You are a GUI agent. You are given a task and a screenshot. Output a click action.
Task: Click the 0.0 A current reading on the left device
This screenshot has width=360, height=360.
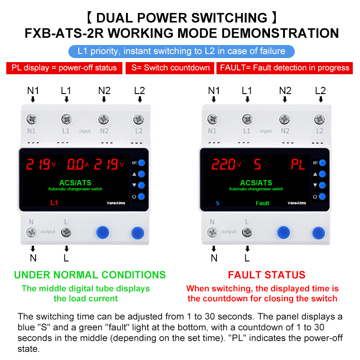pos(77,164)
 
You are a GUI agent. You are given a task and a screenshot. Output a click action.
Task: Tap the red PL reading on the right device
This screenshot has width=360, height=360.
pos(298,164)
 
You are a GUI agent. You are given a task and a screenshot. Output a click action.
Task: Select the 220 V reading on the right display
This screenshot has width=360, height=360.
pos(226,164)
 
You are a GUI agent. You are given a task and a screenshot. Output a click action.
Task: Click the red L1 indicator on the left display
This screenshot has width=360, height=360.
pos(54,203)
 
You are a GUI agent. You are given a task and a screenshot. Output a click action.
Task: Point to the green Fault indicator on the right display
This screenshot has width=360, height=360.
pos(262,203)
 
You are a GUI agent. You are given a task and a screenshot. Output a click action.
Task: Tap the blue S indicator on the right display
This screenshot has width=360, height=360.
pos(218,203)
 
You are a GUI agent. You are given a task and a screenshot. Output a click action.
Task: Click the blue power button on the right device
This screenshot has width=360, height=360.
pos(322,197)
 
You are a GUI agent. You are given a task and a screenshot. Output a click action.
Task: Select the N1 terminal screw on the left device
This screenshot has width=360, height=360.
pos(31,119)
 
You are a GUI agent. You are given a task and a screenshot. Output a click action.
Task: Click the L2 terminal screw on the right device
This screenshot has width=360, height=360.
pos(319,119)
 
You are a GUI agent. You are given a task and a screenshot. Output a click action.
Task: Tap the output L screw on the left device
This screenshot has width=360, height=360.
pos(66,232)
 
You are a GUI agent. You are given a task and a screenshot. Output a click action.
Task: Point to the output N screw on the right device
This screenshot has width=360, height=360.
pos(212,232)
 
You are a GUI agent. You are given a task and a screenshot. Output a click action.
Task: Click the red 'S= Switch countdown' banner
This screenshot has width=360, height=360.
pos(170,68)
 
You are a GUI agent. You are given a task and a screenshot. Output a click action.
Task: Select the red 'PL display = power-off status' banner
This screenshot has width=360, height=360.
pos(64,68)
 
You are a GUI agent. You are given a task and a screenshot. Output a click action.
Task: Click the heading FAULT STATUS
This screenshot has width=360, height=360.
pos(266,275)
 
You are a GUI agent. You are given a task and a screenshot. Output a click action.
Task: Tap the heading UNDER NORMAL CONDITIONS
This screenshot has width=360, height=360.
pos(90,275)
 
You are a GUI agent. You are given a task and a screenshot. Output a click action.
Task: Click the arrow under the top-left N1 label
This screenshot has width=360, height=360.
pos(33,99)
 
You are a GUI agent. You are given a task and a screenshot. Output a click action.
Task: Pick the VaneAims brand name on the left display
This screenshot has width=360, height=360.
pos(116,203)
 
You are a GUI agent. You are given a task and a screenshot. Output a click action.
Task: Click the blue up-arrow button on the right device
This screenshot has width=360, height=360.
pos(322,174)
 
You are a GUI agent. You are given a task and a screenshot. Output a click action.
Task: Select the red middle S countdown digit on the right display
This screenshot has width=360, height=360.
pos(257,164)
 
